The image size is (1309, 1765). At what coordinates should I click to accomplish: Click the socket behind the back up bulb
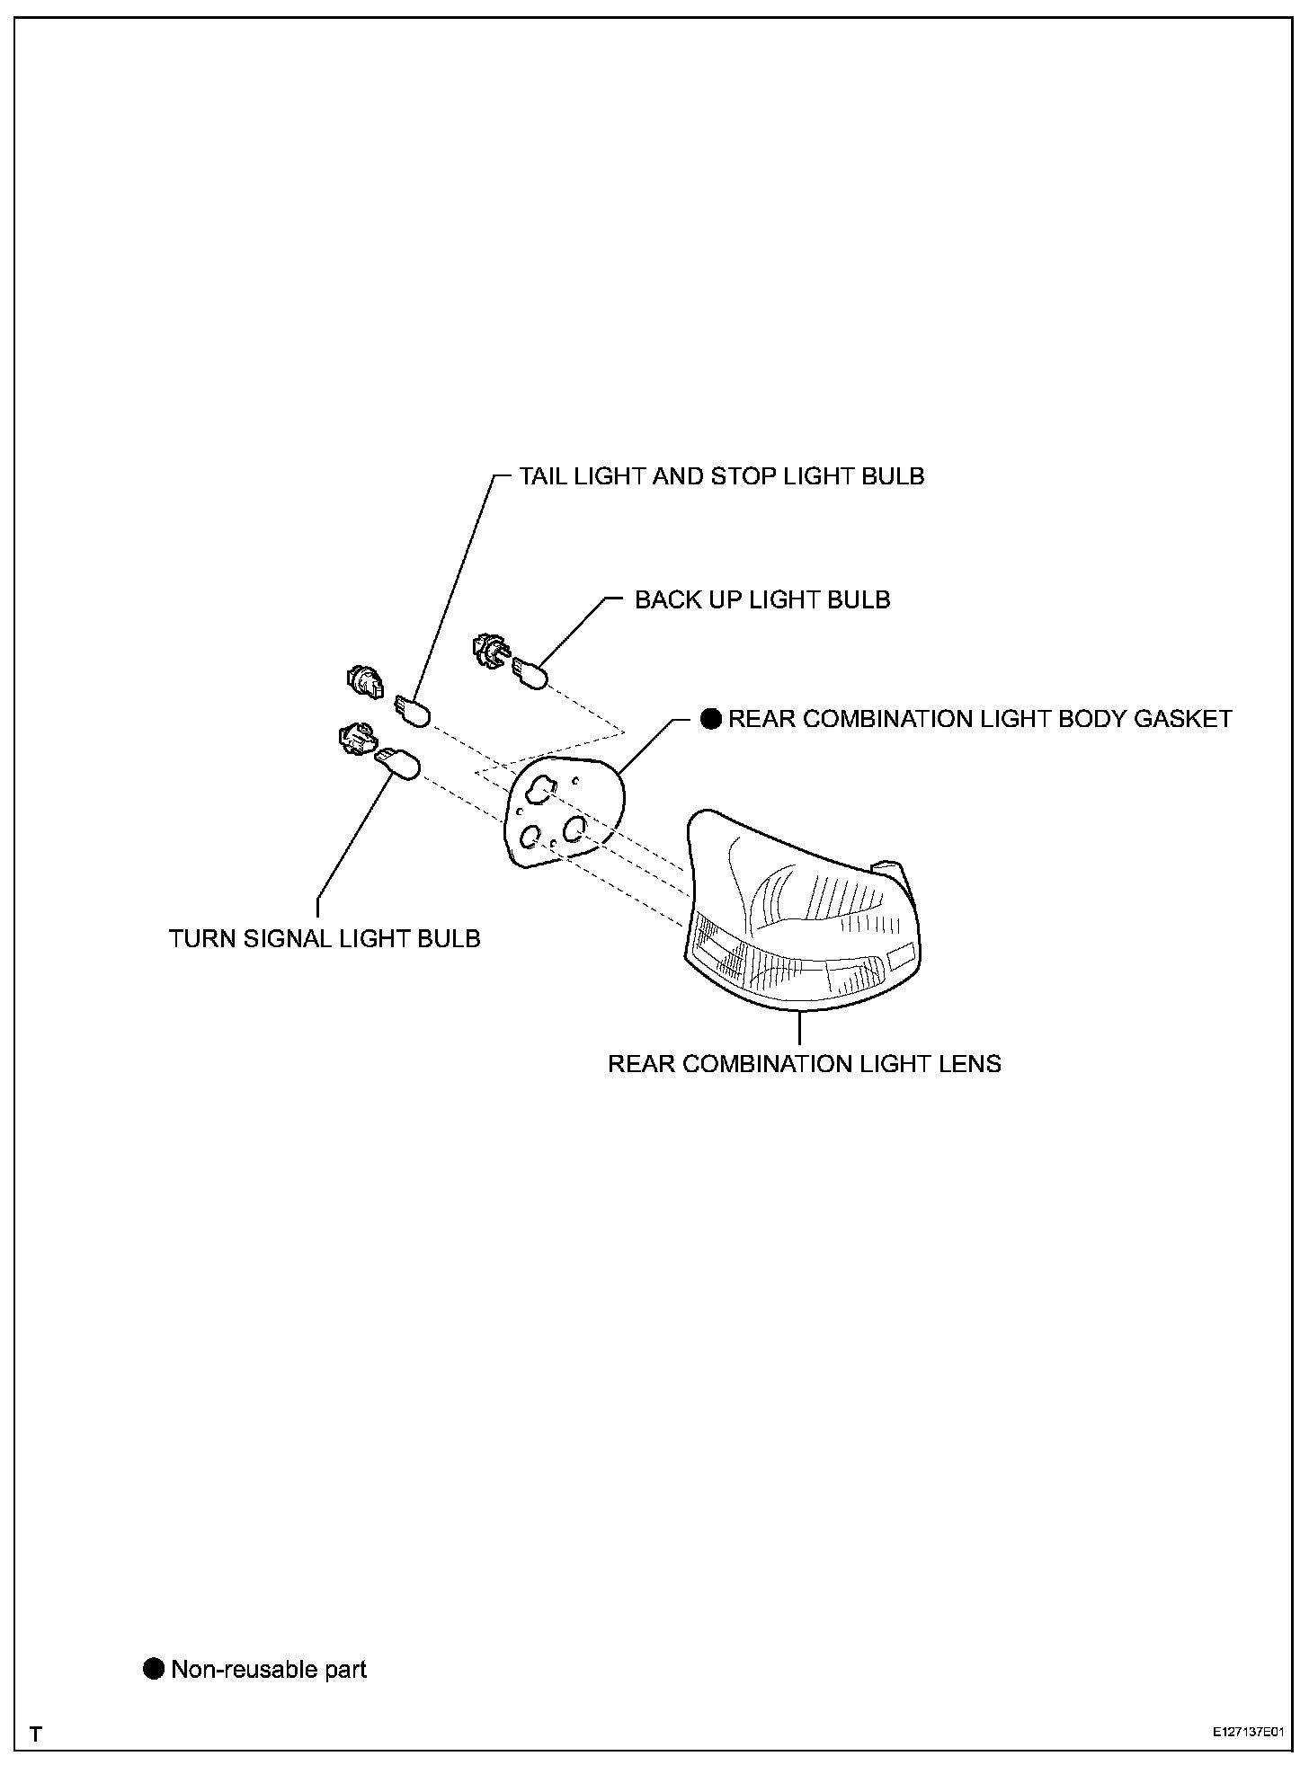tap(489, 651)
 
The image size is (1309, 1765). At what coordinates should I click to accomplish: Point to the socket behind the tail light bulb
tap(364, 682)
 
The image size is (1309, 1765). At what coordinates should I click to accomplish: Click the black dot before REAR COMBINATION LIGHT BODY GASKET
tap(711, 719)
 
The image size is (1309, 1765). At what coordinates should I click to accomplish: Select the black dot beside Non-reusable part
tap(155, 1669)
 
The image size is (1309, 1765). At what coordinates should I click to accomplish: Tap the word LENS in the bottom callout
tap(973, 1064)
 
